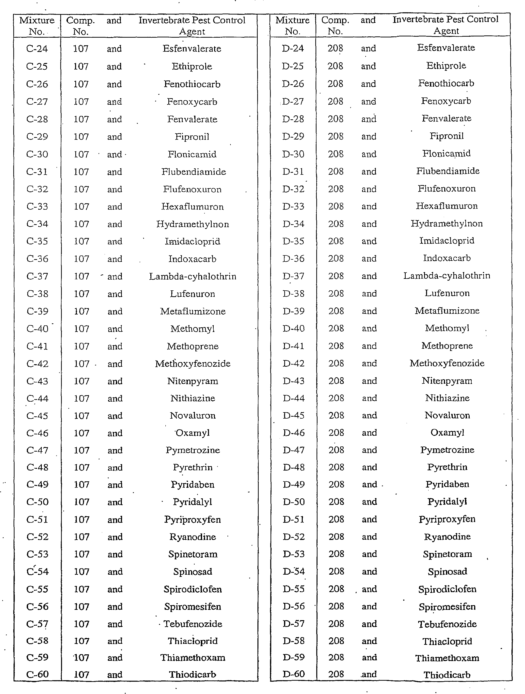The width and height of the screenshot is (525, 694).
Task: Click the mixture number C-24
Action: coord(37,49)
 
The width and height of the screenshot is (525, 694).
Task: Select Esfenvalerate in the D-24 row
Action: coord(446,48)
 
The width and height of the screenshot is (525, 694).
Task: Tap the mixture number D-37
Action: coord(293,276)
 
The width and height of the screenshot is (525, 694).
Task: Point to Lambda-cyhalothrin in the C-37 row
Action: coord(192,276)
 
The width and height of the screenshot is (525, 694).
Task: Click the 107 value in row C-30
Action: coord(81,154)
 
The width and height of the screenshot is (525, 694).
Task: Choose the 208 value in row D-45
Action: coord(336,415)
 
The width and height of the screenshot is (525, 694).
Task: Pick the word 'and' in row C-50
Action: coord(115,502)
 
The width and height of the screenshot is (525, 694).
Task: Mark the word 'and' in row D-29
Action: coord(368,137)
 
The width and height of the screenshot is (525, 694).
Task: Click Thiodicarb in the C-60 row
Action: coord(192,675)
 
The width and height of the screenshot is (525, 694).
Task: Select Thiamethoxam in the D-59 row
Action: coord(447,658)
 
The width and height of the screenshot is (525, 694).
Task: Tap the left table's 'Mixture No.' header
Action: coord(37,26)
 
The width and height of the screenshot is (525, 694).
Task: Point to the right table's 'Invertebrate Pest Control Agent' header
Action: coord(445,25)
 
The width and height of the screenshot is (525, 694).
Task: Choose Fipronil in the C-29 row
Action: coord(192,137)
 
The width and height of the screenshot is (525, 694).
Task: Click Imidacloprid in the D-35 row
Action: coord(446,241)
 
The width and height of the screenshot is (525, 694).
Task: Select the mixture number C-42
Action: coord(37,364)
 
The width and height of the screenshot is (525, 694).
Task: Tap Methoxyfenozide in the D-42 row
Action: coord(447,363)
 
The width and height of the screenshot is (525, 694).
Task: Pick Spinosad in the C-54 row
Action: coord(193,572)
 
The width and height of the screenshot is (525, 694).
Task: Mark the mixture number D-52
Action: coord(294,537)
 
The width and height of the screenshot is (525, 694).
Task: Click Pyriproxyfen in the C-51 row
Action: coord(192,520)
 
